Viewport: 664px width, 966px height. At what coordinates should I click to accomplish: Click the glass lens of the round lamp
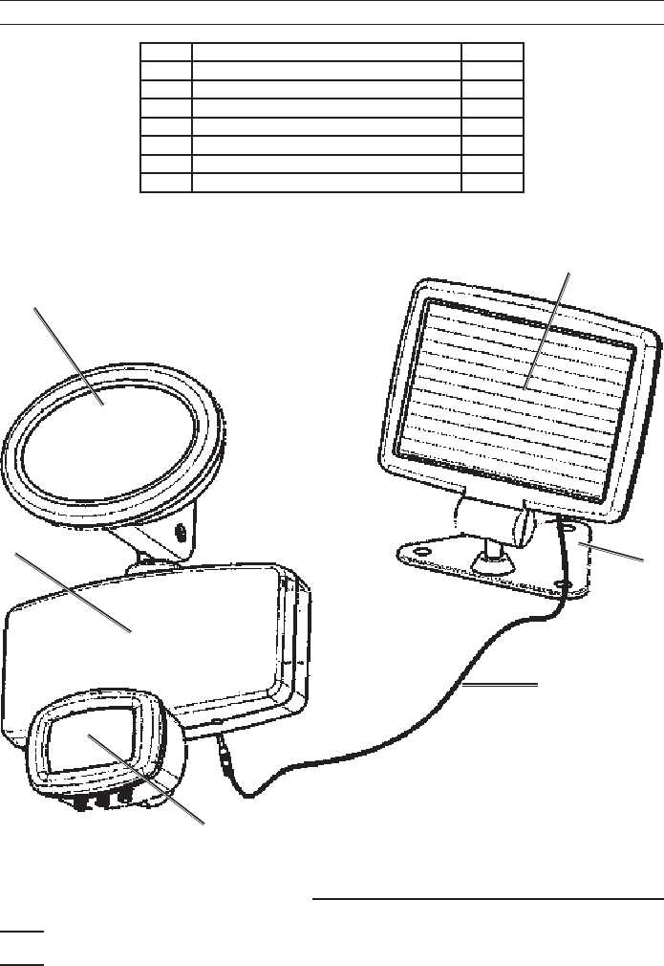tap(110, 435)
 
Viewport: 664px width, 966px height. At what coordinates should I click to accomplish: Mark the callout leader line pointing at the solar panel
tap(549, 325)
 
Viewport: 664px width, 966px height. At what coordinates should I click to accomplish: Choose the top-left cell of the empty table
tap(166, 52)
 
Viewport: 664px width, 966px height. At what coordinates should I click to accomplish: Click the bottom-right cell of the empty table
tap(492, 183)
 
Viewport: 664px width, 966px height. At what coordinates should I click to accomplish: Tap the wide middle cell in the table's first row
tap(326, 52)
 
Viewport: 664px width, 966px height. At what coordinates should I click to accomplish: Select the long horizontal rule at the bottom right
tap(487, 899)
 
